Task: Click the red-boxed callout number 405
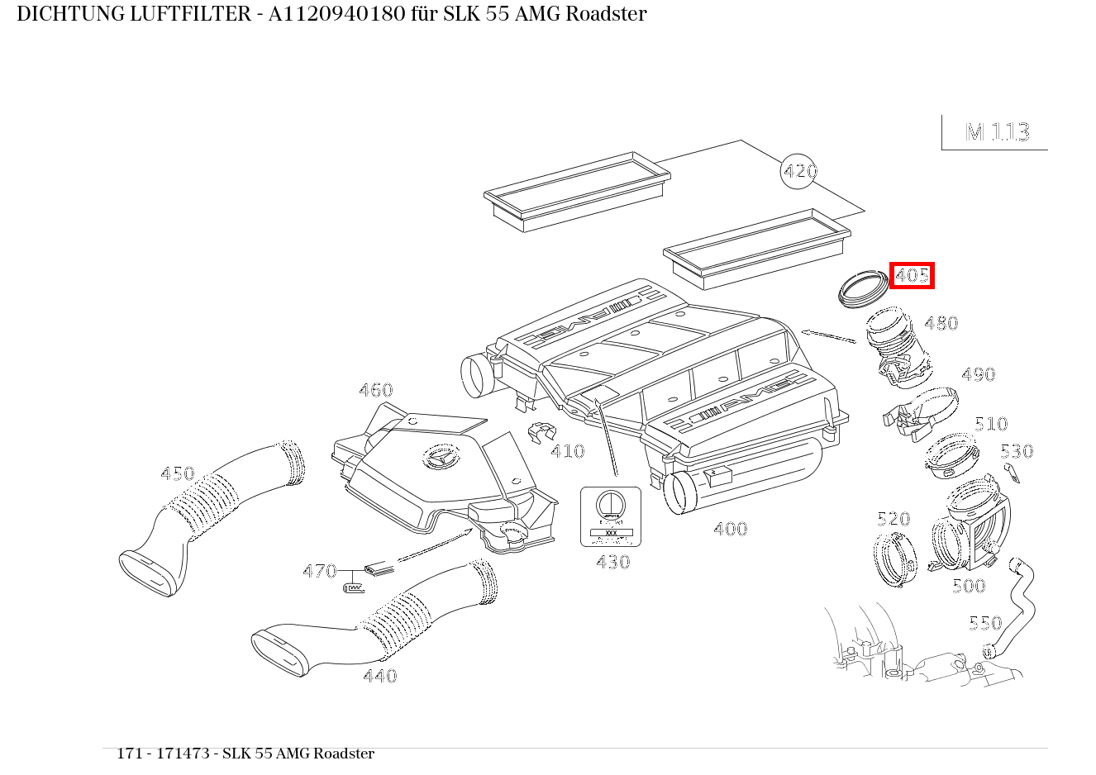[912, 275]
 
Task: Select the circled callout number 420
[798, 171]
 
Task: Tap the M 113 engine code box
[996, 132]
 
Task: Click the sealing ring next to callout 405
[862, 288]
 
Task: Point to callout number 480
[941, 323]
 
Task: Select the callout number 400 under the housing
[730, 529]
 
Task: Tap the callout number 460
[375, 390]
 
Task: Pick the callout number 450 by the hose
[177, 473]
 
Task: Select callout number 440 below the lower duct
[379, 676]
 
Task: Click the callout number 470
[319, 571]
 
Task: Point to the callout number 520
[893, 519]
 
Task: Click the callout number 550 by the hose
[984, 623]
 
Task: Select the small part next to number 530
[1012, 473]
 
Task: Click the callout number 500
[968, 587]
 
